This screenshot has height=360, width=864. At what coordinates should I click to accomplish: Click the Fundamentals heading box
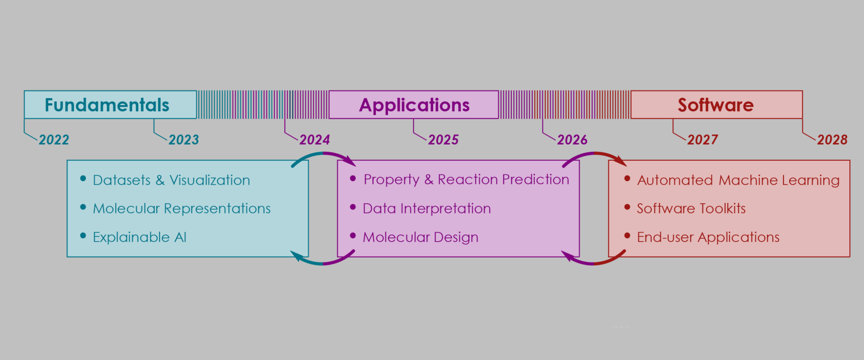110,105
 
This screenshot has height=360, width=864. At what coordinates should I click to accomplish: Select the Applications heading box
414,105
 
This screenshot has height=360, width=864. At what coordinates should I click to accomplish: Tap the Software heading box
716,105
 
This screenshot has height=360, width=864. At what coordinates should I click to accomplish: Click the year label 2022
54,140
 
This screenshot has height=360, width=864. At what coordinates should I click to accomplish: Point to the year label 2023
183,140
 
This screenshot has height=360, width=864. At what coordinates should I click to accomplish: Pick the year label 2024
314,140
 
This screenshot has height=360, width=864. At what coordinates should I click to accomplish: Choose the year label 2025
443,140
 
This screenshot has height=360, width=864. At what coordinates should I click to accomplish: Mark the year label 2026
572,140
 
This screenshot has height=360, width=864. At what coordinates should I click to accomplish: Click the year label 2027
703,140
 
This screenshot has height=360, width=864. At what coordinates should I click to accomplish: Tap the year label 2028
832,140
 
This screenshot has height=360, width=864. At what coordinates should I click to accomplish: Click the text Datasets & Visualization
171,181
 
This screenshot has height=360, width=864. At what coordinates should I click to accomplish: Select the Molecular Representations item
182,208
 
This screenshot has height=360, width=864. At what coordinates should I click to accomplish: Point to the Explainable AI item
140,237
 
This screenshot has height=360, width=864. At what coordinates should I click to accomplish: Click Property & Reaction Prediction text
466,180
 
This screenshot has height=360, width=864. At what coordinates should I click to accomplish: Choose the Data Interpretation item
427,208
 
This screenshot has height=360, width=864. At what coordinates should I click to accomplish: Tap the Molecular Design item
421,237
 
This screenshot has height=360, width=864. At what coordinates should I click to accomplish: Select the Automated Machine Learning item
738,181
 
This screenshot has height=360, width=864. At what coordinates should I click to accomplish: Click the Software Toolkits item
691,208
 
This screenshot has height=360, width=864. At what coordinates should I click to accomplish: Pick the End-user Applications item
708,237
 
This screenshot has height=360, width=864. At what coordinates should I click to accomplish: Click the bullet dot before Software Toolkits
627,207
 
